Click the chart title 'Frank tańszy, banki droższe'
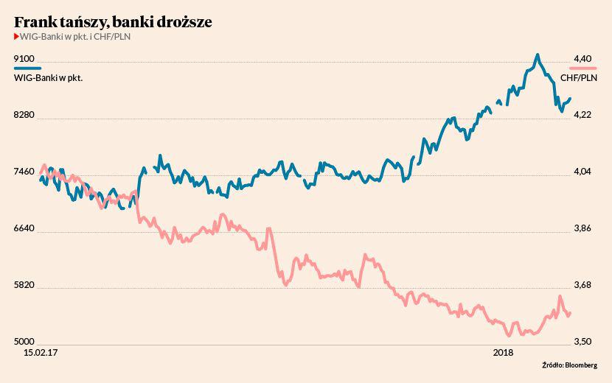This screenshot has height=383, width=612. coord(113,22)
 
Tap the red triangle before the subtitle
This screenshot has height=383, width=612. coord(16,37)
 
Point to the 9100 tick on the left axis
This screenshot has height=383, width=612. coord(24,58)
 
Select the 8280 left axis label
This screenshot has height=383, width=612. coord(24,116)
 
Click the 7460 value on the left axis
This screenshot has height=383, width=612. coord(24,172)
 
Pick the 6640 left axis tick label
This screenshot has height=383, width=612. coord(24,228)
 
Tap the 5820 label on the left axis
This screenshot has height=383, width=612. coord(24,285)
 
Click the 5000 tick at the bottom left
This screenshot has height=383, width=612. coord(24,342)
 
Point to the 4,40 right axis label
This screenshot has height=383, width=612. coord(583,58)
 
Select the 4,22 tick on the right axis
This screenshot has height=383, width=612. coord(583,116)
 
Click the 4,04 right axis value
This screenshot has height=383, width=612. coord(583,172)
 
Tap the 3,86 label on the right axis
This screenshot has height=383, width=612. coord(583,228)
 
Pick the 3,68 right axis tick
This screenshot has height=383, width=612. coord(583,285)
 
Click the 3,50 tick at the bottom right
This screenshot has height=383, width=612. coord(583,342)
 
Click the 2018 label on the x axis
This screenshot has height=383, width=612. coord(503,354)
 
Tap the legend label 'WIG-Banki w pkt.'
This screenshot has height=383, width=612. coord(47,77)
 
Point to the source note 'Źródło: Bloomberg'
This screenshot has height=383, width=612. coord(569,365)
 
